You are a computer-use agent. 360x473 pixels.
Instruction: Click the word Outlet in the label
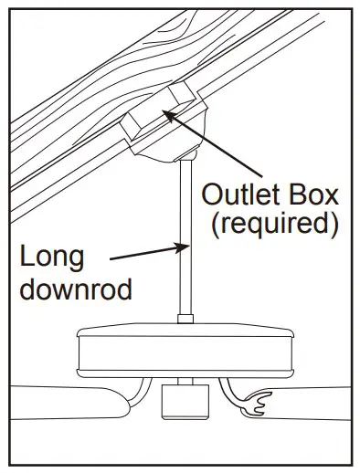coord(238,195)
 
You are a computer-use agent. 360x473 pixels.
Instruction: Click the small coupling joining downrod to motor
coord(185,319)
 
